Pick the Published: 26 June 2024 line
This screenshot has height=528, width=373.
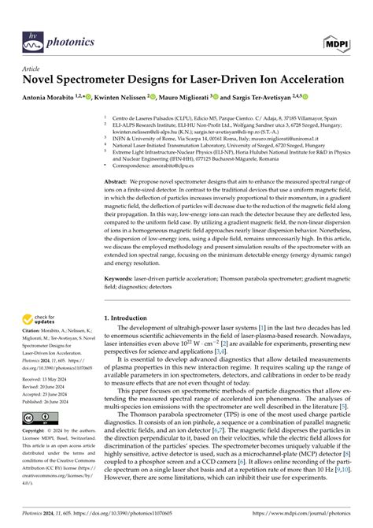44,400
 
